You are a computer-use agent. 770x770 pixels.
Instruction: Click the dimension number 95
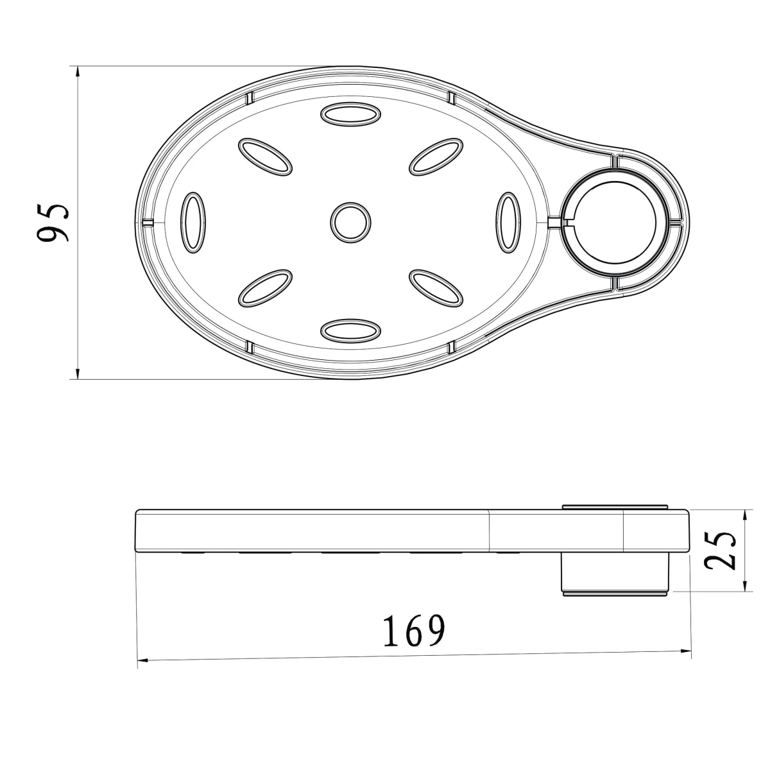[53, 223]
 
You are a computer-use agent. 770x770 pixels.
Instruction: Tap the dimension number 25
[720, 550]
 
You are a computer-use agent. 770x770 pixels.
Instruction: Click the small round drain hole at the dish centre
[350, 222]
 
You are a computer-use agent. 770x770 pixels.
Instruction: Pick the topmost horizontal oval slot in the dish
[350, 114]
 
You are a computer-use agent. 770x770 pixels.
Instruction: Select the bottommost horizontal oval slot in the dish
[350, 331]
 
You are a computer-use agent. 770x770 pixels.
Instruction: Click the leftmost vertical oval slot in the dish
[193, 222]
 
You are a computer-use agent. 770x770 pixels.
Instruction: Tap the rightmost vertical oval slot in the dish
[508, 222]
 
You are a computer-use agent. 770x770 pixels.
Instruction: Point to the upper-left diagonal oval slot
[265, 157]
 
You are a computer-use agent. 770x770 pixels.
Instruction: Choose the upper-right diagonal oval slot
[436, 157]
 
